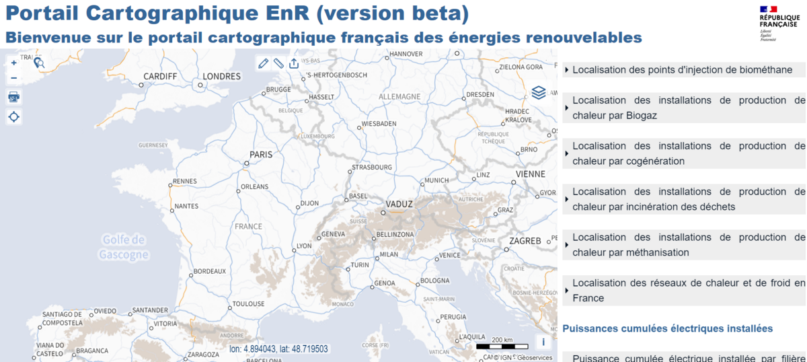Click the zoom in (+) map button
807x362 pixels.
pyautogui.click(x=14, y=63)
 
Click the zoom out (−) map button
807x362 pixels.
pyautogui.click(x=14, y=78)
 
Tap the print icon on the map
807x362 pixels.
pyautogui.click(x=14, y=96)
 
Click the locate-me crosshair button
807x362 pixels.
pyautogui.click(x=14, y=116)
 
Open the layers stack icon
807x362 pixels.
pyautogui.click(x=538, y=92)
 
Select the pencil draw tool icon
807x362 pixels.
pyautogui.click(x=263, y=63)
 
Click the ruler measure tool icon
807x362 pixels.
pyautogui.click(x=278, y=63)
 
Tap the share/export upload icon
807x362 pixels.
pyautogui.click(x=294, y=63)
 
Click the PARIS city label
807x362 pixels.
pyautogui.click(x=261, y=155)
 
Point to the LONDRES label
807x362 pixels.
pyautogui.click(x=221, y=77)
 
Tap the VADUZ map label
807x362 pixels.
pyautogui.click(x=399, y=203)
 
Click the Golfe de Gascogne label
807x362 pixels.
pyautogui.click(x=124, y=247)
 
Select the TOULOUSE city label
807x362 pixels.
pyautogui.click(x=249, y=304)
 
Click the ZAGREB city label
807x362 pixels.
pyautogui.click(x=525, y=241)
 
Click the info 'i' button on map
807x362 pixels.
pyautogui.click(x=543, y=342)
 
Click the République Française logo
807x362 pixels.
pyautogui.click(x=778, y=24)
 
